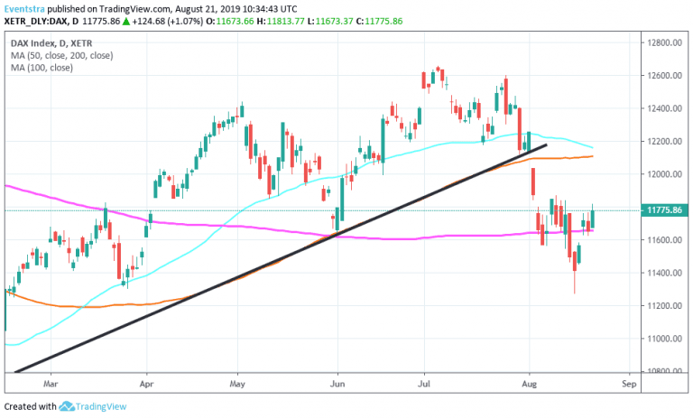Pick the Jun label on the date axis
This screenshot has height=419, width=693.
pos(337,382)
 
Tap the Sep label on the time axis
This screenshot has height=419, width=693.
pos(629,382)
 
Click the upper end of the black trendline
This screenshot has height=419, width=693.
pos(546,144)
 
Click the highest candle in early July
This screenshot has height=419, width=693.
pos(439,72)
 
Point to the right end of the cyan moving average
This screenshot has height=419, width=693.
pos(592,146)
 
